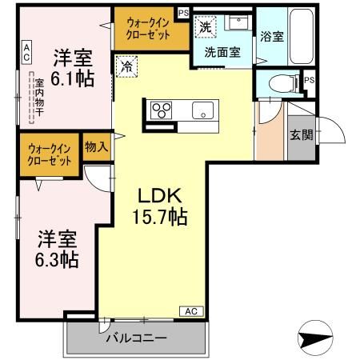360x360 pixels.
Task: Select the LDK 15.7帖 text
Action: pyautogui.click(x=160, y=206)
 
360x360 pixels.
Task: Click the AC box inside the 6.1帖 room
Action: pyautogui.click(x=26, y=53)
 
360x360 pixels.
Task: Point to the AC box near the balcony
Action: pyautogui.click(x=191, y=310)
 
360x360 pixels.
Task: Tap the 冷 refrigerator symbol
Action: pyautogui.click(x=126, y=66)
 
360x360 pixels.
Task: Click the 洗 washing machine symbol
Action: pyautogui.click(x=206, y=26)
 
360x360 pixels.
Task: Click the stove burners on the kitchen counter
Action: pyautogui.click(x=160, y=110)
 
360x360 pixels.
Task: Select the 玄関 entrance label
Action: pyautogui.click(x=300, y=134)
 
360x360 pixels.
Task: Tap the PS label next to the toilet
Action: pyautogui.click(x=309, y=80)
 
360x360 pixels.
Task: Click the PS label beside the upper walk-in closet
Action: pyautogui.click(x=183, y=13)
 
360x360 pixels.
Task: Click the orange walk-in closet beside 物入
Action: pyautogui.click(x=50, y=154)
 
